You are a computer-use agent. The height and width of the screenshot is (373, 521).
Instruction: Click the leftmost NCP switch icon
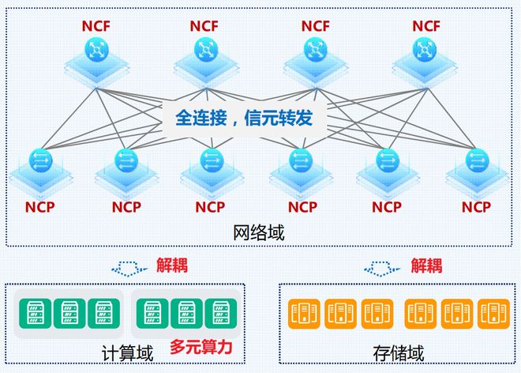pyautogui.click(x=40, y=162)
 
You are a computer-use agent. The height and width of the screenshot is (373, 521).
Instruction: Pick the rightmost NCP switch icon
pyautogui.click(x=476, y=162)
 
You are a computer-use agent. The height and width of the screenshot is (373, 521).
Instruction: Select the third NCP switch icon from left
pyautogui.click(x=211, y=162)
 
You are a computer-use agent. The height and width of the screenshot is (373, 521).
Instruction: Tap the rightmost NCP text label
pyautogui.click(x=476, y=208)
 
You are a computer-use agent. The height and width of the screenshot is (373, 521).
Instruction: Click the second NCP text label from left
pyautogui.click(x=126, y=208)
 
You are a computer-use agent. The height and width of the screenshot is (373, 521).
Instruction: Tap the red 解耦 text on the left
pyautogui.click(x=172, y=265)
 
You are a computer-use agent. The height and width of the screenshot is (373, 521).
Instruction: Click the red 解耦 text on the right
pyautogui.click(x=427, y=265)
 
